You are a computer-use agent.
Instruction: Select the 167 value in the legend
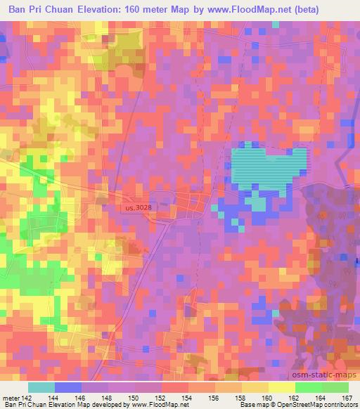click(346, 397)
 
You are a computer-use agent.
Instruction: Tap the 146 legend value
click(82, 397)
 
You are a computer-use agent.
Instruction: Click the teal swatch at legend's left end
click(42, 387)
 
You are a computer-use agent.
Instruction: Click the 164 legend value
click(322, 397)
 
